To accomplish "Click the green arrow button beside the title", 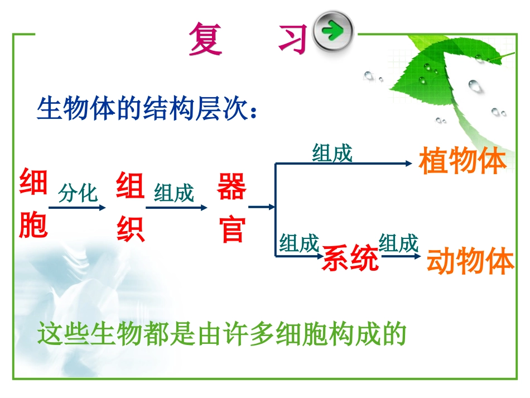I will pyautogui.click(x=334, y=31).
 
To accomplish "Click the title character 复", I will pyautogui.click(x=205, y=39).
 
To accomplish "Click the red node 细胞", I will pyautogui.click(x=33, y=204).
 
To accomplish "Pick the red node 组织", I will pyautogui.click(x=131, y=207).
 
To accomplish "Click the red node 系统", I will pyautogui.click(x=350, y=258).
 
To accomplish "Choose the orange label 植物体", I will pyautogui.click(x=462, y=161).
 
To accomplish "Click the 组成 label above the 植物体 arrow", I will pyautogui.click(x=333, y=152).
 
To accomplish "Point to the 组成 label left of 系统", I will pyautogui.click(x=299, y=244).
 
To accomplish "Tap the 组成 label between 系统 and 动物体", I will pyautogui.click(x=398, y=244).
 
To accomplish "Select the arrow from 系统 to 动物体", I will pyautogui.click(x=399, y=257).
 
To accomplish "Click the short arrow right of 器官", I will pyautogui.click(x=262, y=207).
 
